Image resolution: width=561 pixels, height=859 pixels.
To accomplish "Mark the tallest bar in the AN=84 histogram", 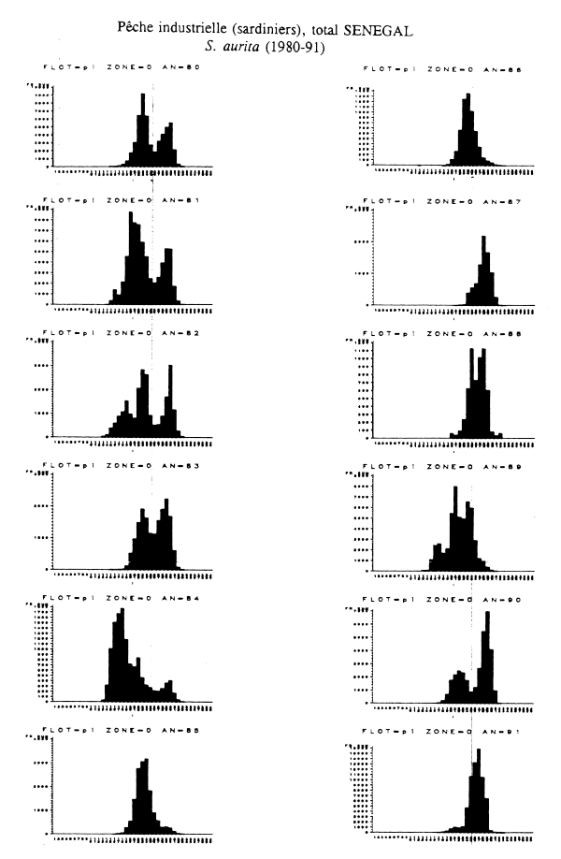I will point(121,655).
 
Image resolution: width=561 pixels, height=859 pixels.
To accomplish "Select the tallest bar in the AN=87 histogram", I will point(484,271).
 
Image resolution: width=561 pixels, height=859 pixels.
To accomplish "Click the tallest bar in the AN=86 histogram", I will point(468,131).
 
